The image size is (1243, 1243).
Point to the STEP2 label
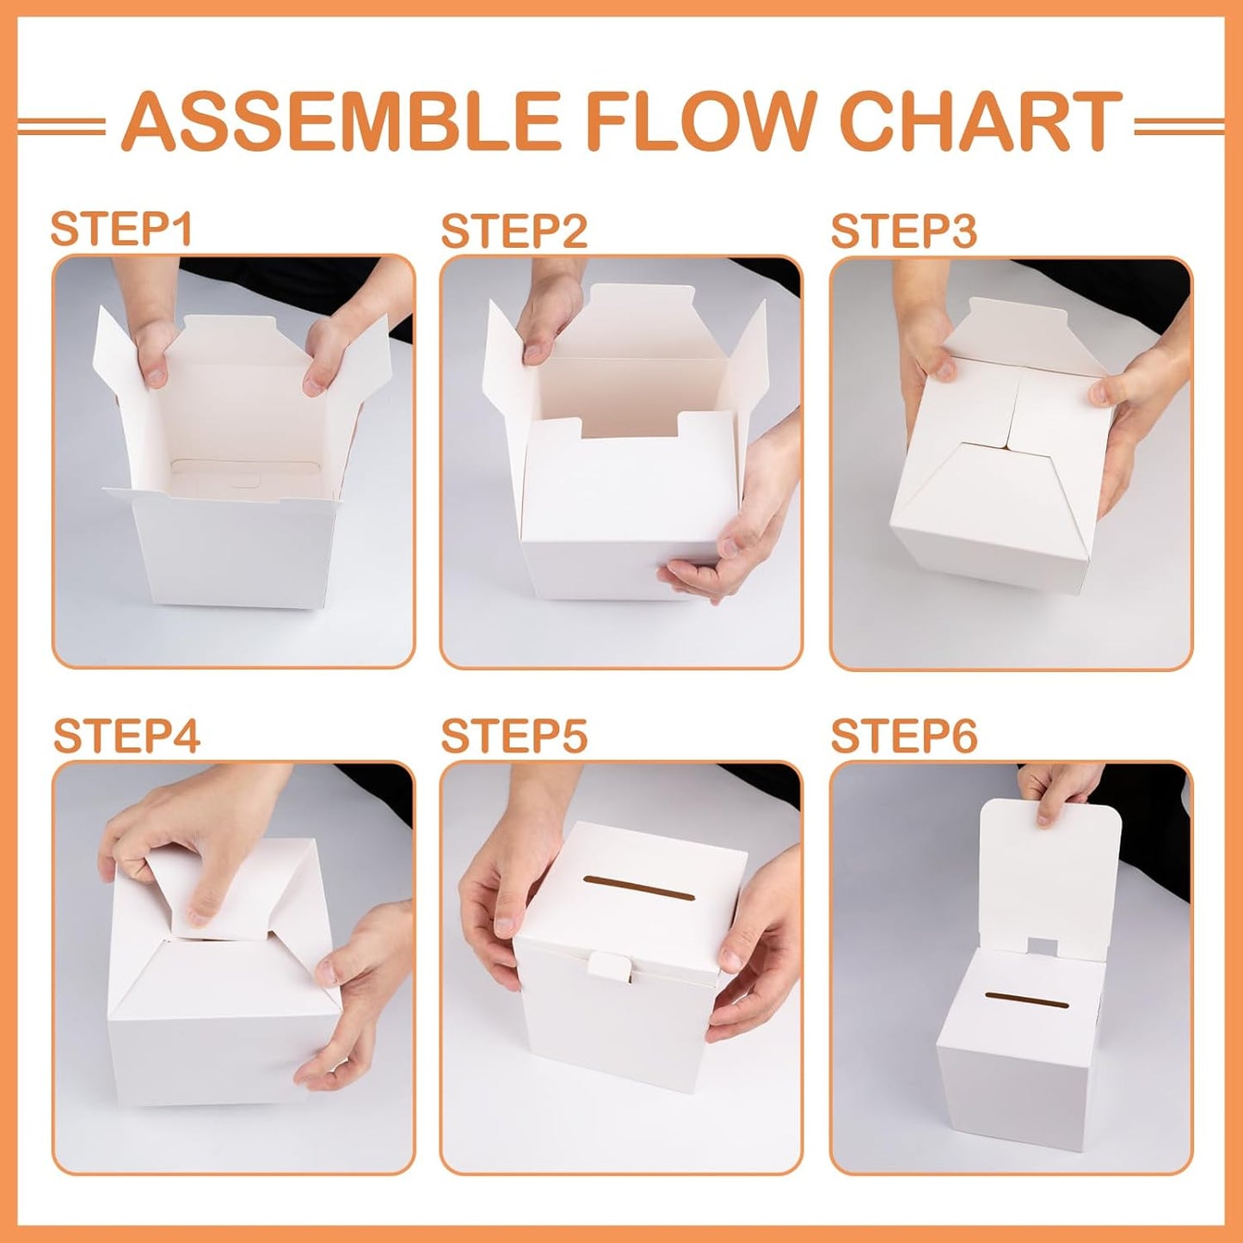point(514,231)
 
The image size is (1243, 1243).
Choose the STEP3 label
point(903,231)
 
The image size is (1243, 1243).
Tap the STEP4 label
point(126,736)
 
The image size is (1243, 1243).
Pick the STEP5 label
point(514,736)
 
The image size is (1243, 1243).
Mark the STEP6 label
point(903,736)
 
